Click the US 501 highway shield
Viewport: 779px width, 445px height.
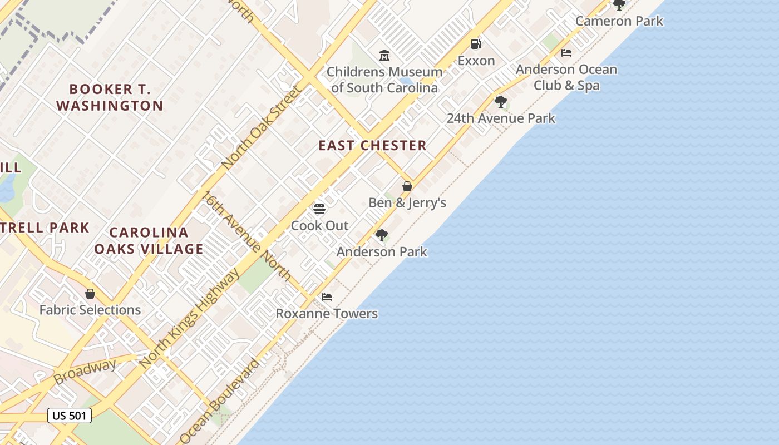[x=70, y=415]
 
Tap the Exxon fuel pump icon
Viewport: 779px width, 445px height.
[x=476, y=44]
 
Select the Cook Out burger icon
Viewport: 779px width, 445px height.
[x=319, y=209]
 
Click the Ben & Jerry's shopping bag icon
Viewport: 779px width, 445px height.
[x=407, y=186]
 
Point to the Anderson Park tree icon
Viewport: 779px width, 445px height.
[x=381, y=235]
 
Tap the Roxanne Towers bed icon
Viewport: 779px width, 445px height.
[x=327, y=297]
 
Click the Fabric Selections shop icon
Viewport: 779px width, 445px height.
[x=90, y=294]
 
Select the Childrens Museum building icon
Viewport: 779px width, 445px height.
[x=384, y=56]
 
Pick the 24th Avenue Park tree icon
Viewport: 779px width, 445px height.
[x=501, y=102]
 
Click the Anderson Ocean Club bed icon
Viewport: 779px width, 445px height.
[x=566, y=53]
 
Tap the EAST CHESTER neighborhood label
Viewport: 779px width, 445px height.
[x=372, y=146]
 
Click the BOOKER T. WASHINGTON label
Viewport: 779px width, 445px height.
[x=110, y=97]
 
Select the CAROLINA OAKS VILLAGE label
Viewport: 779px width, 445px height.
[x=149, y=240]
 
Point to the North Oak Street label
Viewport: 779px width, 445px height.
[x=261, y=128]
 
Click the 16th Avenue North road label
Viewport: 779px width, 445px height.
[x=246, y=236]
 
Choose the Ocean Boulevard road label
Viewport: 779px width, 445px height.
[x=220, y=400]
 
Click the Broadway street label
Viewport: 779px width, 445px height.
[x=85, y=372]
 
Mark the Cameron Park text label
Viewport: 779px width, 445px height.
[x=619, y=21]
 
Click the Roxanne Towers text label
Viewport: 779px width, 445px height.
[x=327, y=314]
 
